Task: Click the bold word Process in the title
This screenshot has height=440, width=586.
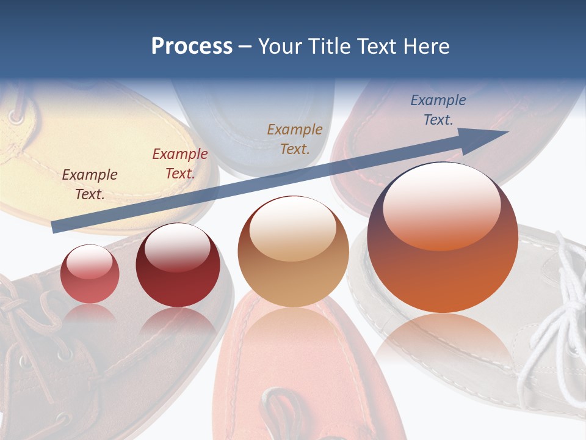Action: (192, 46)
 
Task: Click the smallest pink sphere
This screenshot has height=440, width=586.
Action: (90, 274)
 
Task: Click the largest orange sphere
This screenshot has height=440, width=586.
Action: (443, 244)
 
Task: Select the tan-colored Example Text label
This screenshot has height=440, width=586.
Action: (295, 139)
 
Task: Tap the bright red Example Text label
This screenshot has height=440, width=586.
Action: (180, 163)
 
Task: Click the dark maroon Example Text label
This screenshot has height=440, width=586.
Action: (90, 184)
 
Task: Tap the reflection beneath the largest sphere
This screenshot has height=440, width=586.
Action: (443, 342)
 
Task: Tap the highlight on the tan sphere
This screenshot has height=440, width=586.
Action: (292, 229)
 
